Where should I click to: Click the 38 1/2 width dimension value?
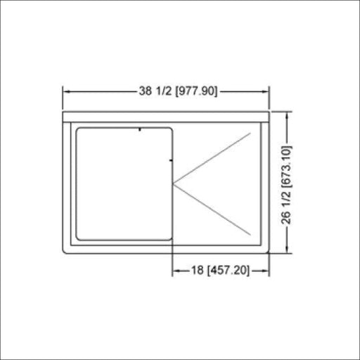coord(155,91)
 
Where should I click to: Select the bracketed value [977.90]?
coord(196,91)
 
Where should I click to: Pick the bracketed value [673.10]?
coord(286,167)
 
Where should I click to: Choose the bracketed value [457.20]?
coord(229,271)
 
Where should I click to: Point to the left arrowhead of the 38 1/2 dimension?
coord(67,91)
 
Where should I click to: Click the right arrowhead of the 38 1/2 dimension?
coord(265,91)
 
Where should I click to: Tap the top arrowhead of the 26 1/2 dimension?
coord(287,116)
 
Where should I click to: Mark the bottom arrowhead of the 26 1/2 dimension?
coord(287,249)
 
